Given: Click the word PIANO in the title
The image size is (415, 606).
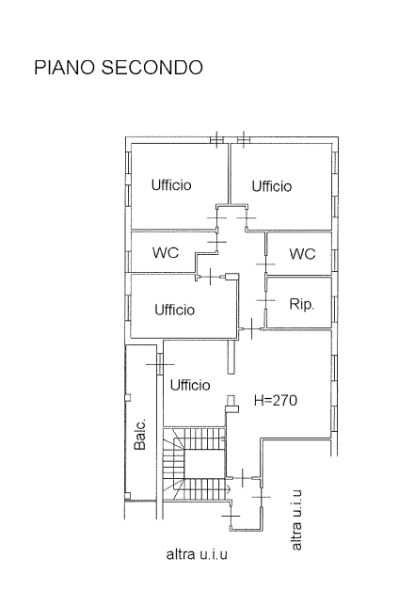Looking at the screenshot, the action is [65, 67].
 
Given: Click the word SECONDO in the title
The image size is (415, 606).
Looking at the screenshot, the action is [152, 67].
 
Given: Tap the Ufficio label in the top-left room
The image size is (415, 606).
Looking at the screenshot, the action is [171, 184].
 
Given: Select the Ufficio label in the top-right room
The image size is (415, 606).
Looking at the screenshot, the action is [272, 186].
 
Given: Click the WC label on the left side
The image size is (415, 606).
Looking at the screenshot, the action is [166, 253].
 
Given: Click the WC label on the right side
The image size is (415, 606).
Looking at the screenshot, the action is [302, 254].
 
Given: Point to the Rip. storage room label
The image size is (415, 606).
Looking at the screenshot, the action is [302, 304].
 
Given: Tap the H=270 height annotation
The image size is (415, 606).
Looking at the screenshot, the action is [276, 400].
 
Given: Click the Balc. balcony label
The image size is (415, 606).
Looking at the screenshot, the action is [140, 434].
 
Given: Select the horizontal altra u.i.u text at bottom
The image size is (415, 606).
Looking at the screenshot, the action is [197, 554].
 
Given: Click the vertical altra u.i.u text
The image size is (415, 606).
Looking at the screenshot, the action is [296, 519].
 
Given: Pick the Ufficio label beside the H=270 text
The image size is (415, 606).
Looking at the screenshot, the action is [190, 385].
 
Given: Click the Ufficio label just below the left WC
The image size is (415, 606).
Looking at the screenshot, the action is [175, 310].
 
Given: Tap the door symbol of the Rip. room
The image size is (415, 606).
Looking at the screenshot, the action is [266, 300].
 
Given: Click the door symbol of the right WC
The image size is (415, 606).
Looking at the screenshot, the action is [266, 264].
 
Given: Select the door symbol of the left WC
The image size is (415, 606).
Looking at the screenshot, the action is [217, 242].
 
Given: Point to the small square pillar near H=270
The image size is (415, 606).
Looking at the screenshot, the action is [231, 399].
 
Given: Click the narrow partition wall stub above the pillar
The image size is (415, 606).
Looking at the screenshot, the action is [231, 357].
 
